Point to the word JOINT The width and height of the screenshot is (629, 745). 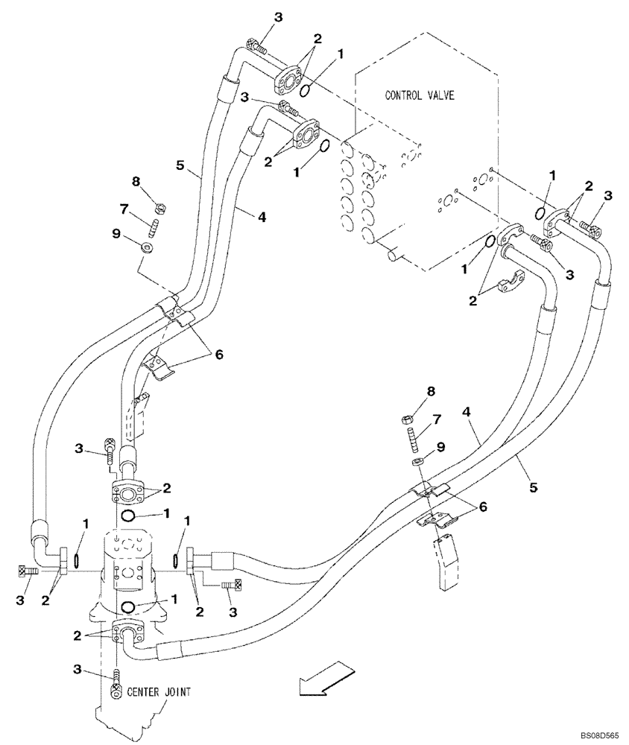[x=177, y=691]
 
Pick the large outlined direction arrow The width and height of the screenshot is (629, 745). [x=320, y=679]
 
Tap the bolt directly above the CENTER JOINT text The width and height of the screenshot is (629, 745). [x=117, y=684]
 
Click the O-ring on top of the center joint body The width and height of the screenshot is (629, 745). [x=128, y=516]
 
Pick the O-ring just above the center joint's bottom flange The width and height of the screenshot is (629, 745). [x=130, y=606]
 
